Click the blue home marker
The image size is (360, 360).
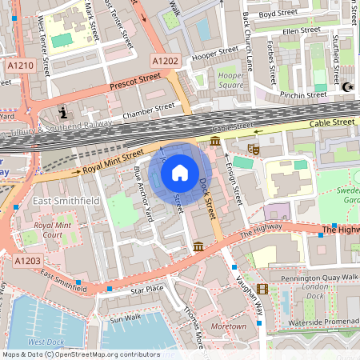pyautogui.click(x=180, y=172)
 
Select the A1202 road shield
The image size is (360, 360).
pyautogui.click(x=166, y=60)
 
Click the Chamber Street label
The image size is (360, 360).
pyautogui.click(x=148, y=108)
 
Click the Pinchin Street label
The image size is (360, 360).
pyautogui.click(x=302, y=94)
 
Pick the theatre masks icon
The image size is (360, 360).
pyautogui.click(x=254, y=149)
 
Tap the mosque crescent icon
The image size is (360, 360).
pyautogui.click(x=346, y=87)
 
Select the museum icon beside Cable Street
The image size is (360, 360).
pyautogui.click(x=214, y=142)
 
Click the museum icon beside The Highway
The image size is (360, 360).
pyautogui.click(x=198, y=246)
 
